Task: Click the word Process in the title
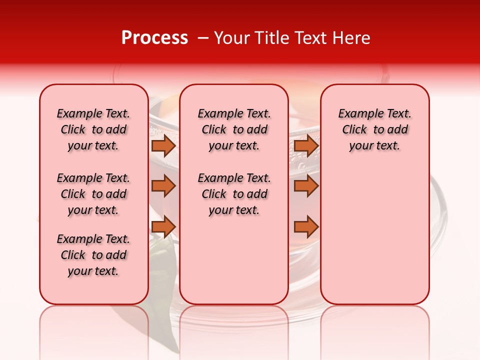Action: (x=154, y=38)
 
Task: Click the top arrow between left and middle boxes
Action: (x=163, y=145)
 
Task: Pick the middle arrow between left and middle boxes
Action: (x=163, y=186)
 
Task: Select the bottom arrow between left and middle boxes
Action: (x=163, y=227)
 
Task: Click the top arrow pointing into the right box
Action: (x=306, y=145)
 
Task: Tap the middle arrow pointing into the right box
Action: (x=306, y=186)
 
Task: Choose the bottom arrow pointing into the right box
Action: (x=306, y=227)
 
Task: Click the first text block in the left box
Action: (x=93, y=129)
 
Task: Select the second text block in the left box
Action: (x=93, y=194)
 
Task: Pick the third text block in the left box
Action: (x=93, y=255)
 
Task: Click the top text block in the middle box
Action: (x=234, y=129)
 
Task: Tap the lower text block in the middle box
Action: (x=234, y=194)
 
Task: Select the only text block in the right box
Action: (x=374, y=129)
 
